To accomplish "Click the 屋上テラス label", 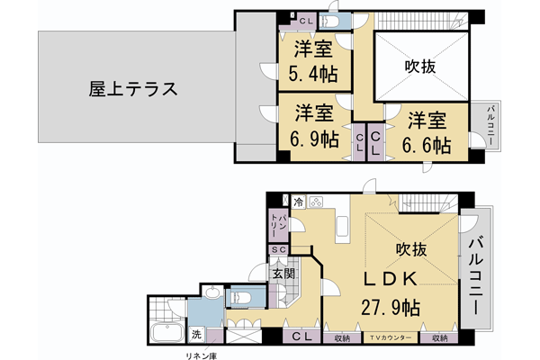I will point(131,90).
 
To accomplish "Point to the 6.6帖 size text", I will point(426,145).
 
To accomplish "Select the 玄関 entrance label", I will point(282,272).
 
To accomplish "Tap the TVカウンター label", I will point(391,338).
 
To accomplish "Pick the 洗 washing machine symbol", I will point(196,336).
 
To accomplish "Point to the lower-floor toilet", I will point(240,296).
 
